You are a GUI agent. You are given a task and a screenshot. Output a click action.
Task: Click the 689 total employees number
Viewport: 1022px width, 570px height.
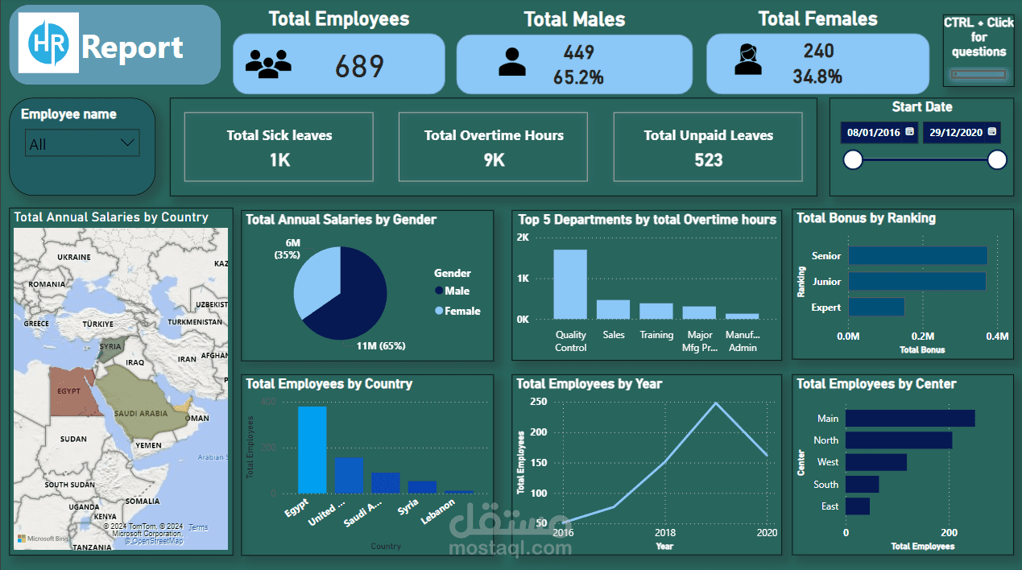[x=359, y=66]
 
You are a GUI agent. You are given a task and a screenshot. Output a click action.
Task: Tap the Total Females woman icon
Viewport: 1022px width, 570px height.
[x=747, y=60]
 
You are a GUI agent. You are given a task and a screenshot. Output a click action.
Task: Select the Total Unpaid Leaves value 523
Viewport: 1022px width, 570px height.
[x=708, y=159]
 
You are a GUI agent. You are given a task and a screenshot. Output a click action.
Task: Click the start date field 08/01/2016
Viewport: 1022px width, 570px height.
[x=879, y=132]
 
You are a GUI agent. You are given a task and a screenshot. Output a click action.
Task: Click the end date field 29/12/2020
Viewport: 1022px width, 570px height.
[x=960, y=132]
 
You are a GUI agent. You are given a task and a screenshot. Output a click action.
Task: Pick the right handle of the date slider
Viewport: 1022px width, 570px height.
[x=996, y=160]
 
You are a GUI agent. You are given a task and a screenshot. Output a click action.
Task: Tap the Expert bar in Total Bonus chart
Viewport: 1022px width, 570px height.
[x=876, y=307]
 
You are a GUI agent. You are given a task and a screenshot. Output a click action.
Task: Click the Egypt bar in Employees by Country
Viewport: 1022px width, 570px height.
[x=312, y=449]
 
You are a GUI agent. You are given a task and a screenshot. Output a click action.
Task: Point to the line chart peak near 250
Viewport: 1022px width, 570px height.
[x=714, y=403]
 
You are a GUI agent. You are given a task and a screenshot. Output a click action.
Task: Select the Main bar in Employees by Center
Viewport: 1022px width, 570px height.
[x=910, y=419]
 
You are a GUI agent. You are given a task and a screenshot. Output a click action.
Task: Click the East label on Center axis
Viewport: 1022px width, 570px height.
[x=830, y=506]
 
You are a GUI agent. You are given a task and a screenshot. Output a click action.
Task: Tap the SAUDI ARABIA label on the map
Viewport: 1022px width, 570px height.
[x=141, y=413]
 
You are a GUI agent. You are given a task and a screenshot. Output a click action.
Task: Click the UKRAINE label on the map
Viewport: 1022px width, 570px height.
[x=74, y=256]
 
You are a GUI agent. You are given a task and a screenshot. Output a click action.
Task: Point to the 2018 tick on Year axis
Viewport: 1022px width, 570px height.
[x=664, y=533]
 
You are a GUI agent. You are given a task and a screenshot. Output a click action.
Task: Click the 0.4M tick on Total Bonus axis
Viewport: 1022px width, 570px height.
[x=996, y=336]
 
